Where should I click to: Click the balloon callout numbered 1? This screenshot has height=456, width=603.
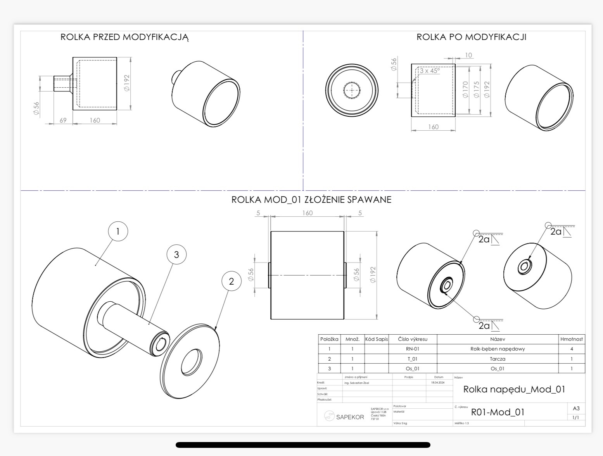pyautogui.click(x=118, y=231)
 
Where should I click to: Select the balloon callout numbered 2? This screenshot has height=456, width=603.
pyautogui.click(x=232, y=281)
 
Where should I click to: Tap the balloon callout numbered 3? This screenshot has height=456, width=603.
pyautogui.click(x=176, y=254)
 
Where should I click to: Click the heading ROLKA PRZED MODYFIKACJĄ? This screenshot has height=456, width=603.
pyautogui.click(x=124, y=37)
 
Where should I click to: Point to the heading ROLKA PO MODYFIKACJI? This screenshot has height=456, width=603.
pyautogui.click(x=471, y=37)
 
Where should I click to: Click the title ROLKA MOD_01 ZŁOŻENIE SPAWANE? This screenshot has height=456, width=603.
pyautogui.click(x=311, y=200)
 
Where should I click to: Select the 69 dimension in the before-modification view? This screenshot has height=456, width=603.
pyautogui.click(x=63, y=120)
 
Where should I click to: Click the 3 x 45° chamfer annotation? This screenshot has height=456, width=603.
pyautogui.click(x=429, y=71)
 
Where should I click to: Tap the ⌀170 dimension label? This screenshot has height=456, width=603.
pyautogui.click(x=465, y=90)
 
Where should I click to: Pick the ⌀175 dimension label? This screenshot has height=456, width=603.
pyautogui.click(x=476, y=90)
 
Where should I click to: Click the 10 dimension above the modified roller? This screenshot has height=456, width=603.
pyautogui.click(x=468, y=55)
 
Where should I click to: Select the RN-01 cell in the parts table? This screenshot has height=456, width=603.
pyautogui.click(x=413, y=349)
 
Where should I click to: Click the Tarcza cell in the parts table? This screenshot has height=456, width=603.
pyautogui.click(x=497, y=359)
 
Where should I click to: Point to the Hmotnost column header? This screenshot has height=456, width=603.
pyautogui.click(x=571, y=339)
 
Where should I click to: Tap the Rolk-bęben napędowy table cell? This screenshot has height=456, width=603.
pyautogui.click(x=497, y=349)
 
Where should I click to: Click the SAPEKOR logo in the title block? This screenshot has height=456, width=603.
pyautogui.click(x=344, y=417)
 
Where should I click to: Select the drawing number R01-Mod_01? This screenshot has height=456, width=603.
pyautogui.click(x=498, y=412)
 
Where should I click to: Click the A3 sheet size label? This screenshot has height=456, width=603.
pyautogui.click(x=576, y=408)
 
